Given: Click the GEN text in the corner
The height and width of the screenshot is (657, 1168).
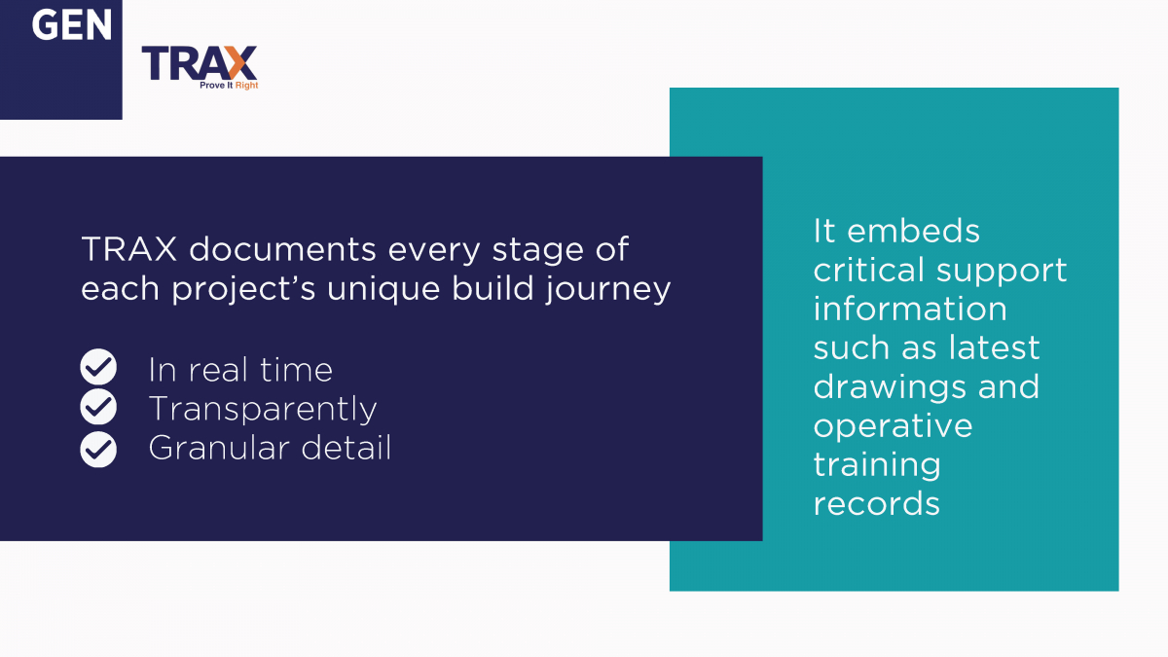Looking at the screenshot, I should coord(72,24).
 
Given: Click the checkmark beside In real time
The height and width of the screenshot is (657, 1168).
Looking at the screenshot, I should coord(98,368).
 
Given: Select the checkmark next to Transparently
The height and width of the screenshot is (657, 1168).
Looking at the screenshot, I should coord(98,408).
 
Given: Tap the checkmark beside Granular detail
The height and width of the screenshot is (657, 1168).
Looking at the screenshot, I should coord(98,448).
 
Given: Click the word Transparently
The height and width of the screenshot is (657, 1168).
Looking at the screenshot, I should coord(262,409).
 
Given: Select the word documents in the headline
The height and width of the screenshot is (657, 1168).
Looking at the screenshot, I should coord(280,251).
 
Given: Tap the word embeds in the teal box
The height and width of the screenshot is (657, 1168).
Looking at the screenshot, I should coord(900,231).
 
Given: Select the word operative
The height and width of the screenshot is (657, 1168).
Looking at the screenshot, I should coord(893,426).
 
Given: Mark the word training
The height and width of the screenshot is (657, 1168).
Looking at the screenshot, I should coord(877,465).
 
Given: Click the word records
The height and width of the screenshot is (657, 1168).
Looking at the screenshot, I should coord(876,503).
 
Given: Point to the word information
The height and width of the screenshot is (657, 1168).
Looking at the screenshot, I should coord(909,309).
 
